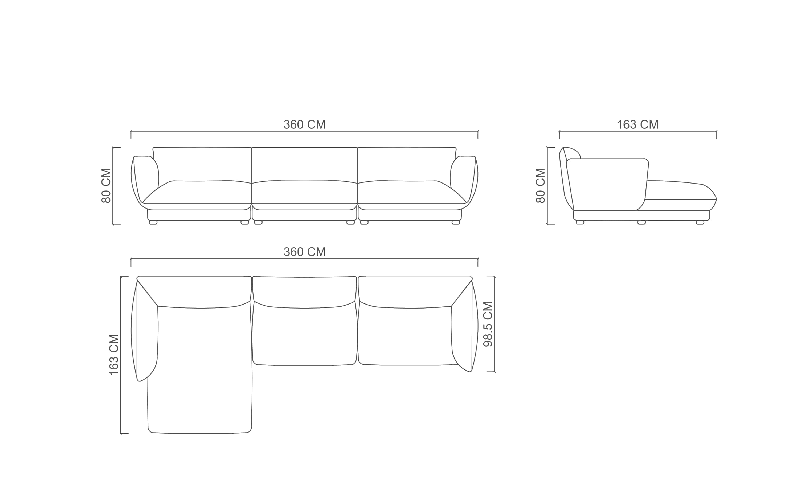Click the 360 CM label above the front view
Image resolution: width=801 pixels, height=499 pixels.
[305, 124]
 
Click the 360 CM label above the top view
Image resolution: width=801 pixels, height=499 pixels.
[305, 252]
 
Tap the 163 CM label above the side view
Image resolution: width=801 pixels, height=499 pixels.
[637, 124]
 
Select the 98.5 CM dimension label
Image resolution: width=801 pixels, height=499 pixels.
[488, 324]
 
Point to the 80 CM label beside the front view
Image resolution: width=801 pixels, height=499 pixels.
[106, 186]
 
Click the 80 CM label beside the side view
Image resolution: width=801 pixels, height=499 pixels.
[540, 186]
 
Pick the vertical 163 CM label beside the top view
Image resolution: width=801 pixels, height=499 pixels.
[114, 355]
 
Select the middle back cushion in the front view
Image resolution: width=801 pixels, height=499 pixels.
[304, 164]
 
